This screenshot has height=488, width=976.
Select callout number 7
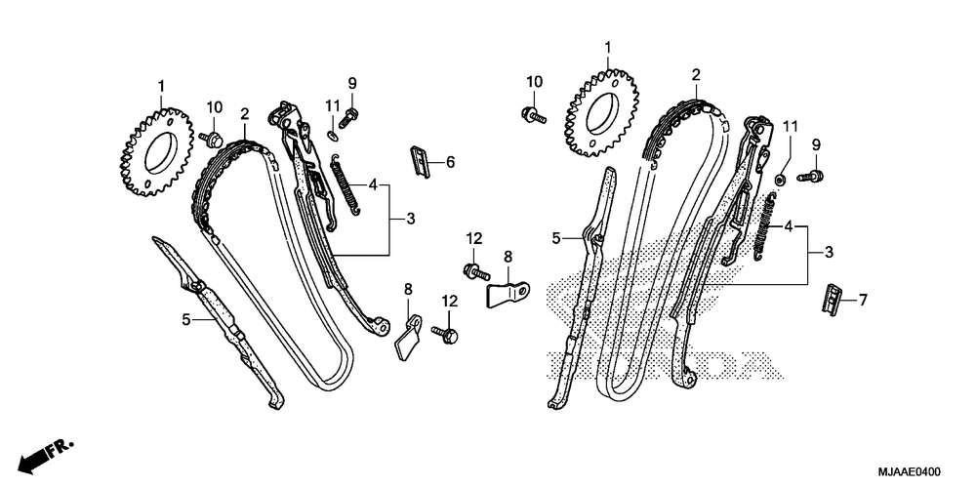pyautogui.click(x=862, y=300)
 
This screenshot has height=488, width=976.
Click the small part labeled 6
pyautogui.click(x=419, y=160)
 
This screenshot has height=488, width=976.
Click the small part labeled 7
pyautogui.click(x=831, y=298)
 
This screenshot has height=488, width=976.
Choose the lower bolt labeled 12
pyautogui.click(x=448, y=333)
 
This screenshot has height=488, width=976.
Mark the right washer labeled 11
pyautogui.click(x=782, y=180)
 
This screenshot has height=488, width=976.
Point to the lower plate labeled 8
pyautogui.click(x=407, y=335)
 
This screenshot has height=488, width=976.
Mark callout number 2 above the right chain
pyautogui.click(x=695, y=74)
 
